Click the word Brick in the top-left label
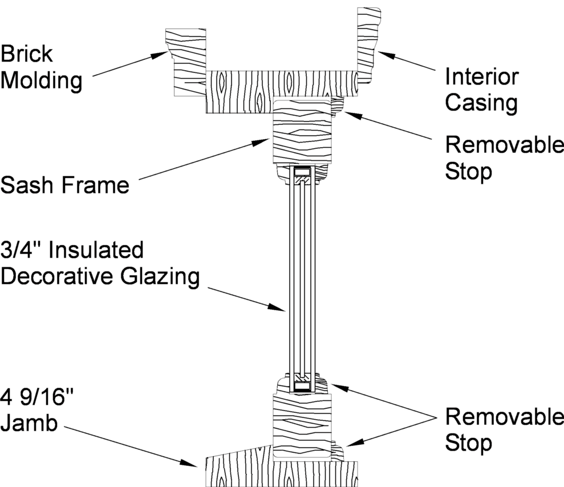pos(27,55)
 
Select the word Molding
pos(41,80)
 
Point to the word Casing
pos(481,103)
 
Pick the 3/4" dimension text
pos(22,250)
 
